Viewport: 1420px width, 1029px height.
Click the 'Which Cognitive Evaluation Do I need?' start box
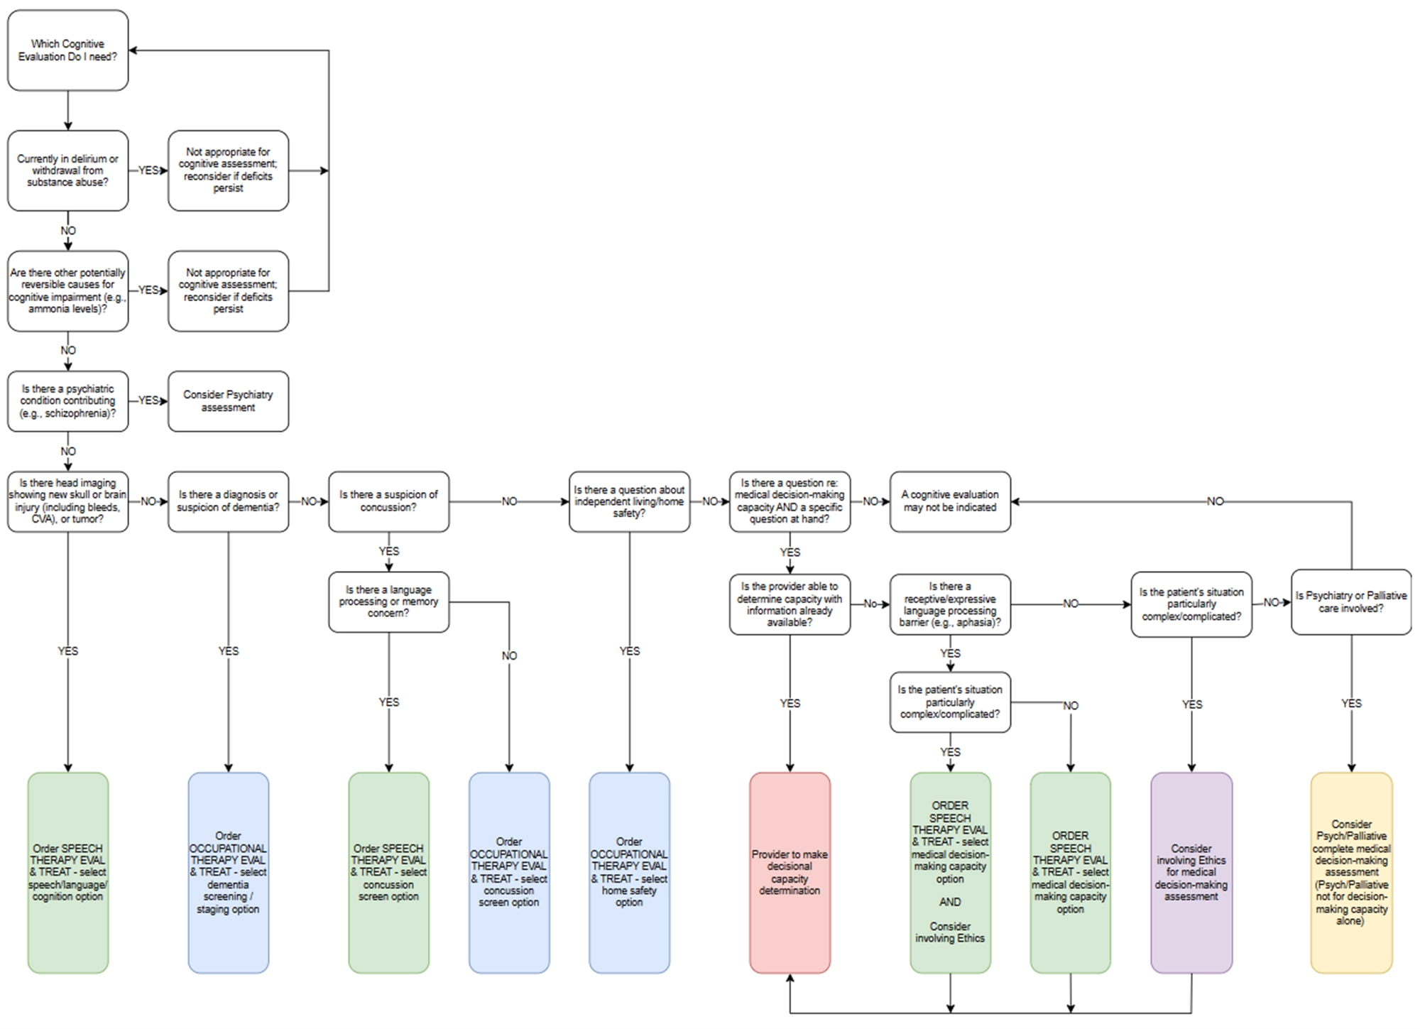pos(68,50)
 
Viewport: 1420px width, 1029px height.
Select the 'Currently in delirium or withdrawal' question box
pos(68,170)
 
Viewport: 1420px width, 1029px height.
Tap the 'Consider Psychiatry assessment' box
pos(228,401)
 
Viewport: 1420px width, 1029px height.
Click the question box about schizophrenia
pos(68,401)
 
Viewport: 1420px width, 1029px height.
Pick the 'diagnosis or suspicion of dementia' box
pos(228,501)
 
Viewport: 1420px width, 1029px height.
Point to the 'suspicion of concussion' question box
pos(388,501)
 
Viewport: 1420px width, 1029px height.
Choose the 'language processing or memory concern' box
pos(388,601)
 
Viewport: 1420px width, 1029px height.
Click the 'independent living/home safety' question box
pos(629,501)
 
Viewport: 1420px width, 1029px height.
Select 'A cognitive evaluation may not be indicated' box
pos(950,501)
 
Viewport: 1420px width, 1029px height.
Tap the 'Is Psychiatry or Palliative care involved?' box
pos(1351,602)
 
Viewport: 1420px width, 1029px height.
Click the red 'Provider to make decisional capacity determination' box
pos(790,872)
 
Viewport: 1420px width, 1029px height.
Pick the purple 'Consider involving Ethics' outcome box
pos(1191,872)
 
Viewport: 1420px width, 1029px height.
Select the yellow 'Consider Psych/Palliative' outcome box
pos(1351,872)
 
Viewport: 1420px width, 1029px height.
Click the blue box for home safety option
pos(629,872)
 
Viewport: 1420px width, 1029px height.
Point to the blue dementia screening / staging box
pos(228,872)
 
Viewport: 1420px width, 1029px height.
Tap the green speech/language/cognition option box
pos(68,872)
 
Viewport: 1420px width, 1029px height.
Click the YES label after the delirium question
pos(148,170)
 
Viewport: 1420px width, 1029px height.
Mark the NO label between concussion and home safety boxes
pos(509,501)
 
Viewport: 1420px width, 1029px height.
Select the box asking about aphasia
pos(950,604)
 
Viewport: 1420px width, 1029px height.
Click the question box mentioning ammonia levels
pos(68,290)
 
